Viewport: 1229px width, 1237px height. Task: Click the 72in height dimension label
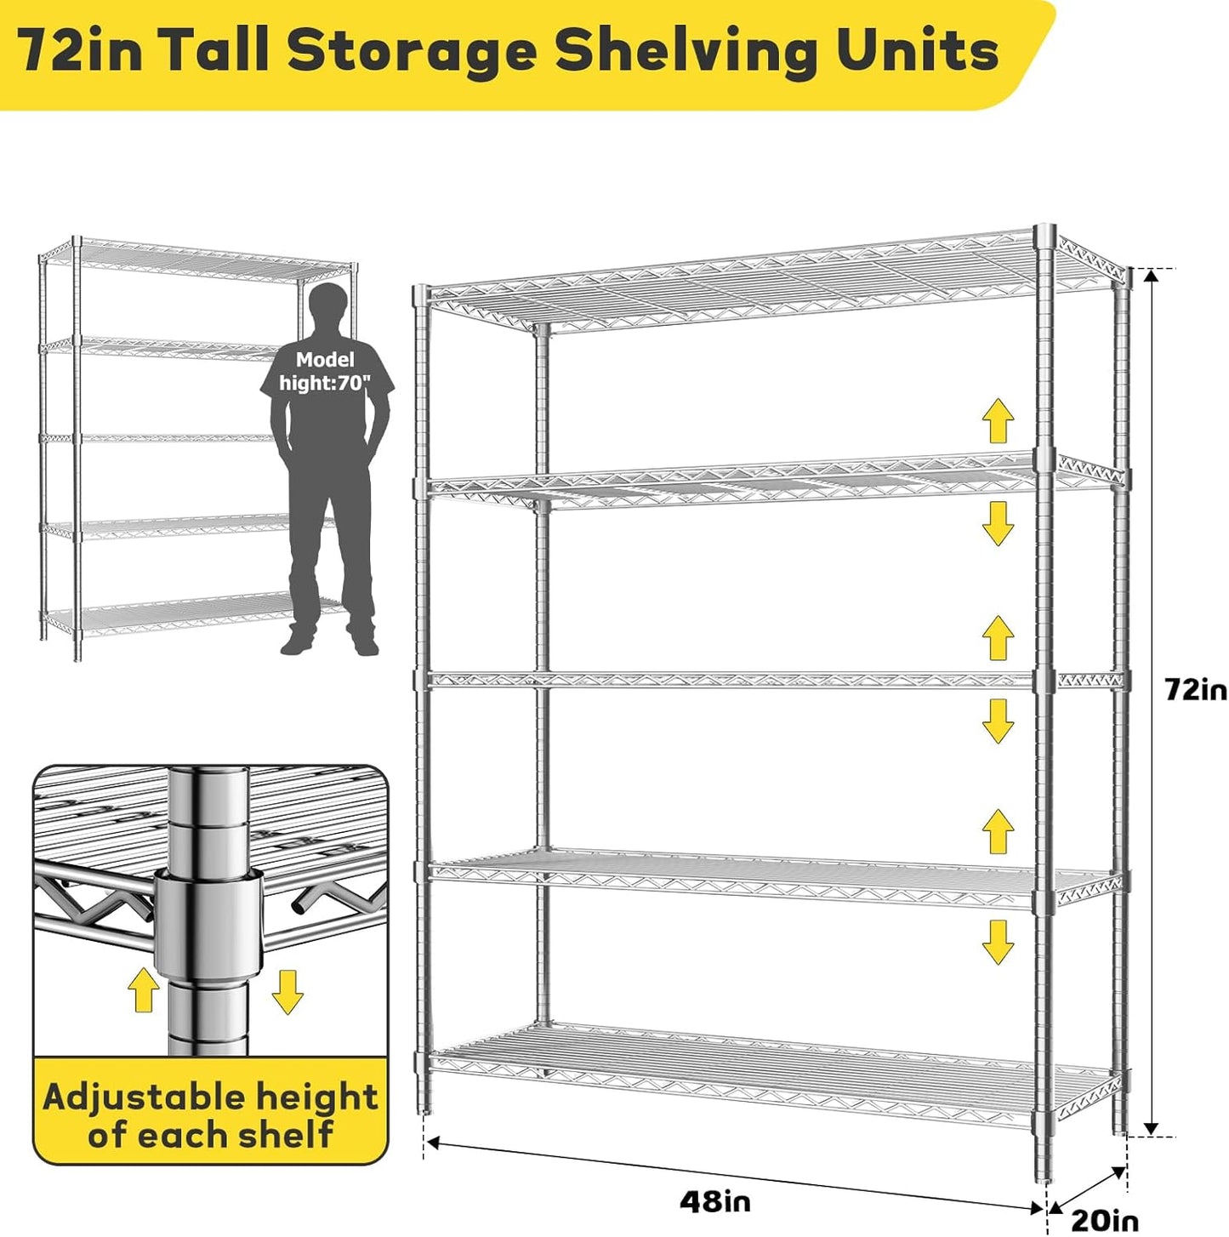click(1195, 689)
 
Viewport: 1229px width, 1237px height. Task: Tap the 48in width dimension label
click(714, 1201)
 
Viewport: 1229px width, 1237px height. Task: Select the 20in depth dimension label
click(1103, 1221)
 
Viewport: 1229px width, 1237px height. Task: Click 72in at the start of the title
click(82, 51)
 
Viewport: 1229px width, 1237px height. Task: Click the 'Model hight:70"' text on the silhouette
click(326, 372)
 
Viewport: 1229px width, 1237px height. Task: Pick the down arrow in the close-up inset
click(287, 991)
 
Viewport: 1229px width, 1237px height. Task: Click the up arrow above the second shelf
click(998, 420)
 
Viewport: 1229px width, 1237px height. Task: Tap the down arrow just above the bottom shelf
click(998, 942)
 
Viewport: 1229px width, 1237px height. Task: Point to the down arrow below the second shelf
click(998, 522)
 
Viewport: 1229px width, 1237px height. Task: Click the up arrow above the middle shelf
click(998, 638)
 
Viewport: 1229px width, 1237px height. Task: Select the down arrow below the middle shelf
click(998, 721)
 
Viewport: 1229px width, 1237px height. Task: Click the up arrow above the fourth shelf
click(998, 831)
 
